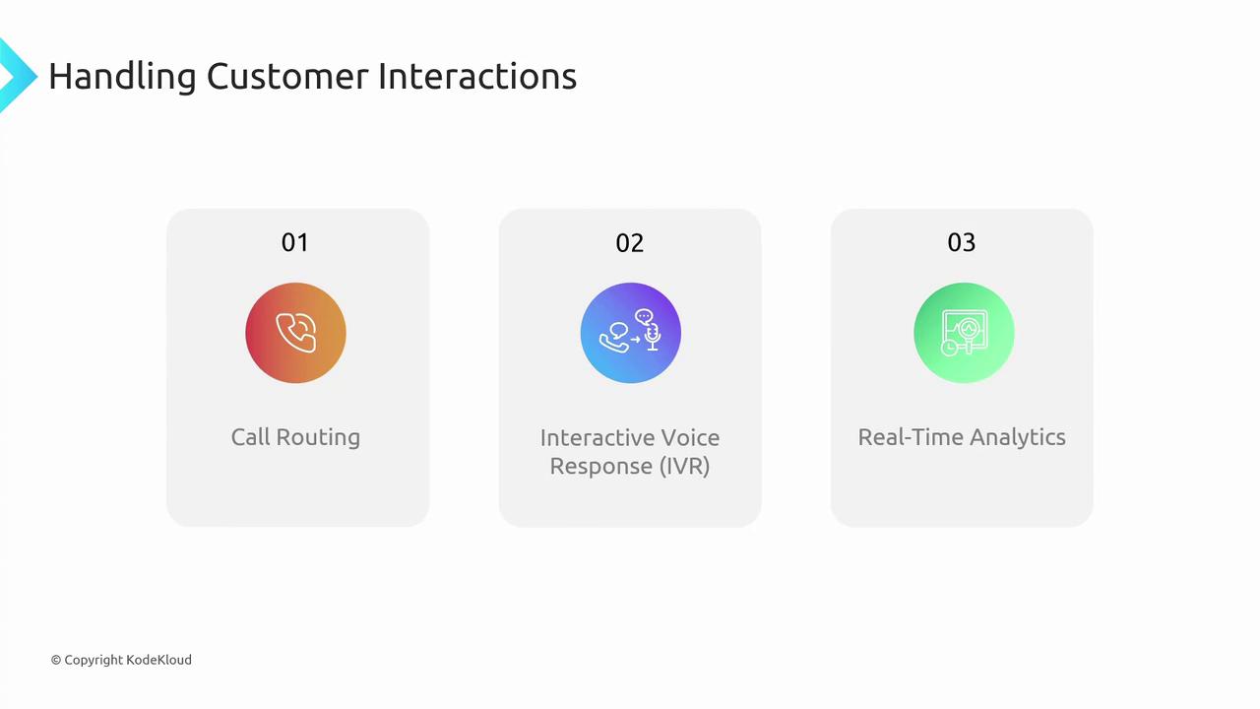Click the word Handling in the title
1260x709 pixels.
123,77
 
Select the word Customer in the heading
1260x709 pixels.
287,77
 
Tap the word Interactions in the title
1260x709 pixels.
477,77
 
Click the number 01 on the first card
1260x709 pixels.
295,242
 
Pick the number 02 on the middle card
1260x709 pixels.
629,243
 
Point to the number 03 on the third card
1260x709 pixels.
962,242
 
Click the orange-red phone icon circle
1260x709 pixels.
296,333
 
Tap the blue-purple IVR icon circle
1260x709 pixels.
631,333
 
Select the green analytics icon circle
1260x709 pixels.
964,333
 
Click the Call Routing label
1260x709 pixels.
296,438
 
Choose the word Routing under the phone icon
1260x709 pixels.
318,438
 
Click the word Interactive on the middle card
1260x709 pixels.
594,438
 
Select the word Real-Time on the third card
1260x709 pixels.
911,437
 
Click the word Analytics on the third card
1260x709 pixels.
1018,438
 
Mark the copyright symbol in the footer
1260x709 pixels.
56,660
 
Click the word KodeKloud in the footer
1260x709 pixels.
158,660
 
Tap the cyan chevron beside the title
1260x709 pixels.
18,76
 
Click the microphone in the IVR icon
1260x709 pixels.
653,337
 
